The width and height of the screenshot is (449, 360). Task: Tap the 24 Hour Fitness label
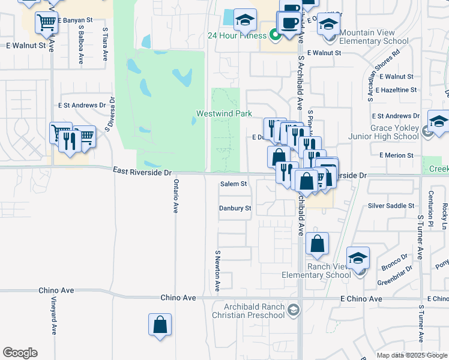pyautogui.click(x=237, y=35)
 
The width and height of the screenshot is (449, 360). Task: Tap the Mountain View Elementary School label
pyautogui.click(x=374, y=37)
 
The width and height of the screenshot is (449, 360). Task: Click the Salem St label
pyautogui.click(x=234, y=184)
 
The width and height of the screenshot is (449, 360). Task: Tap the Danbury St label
pyautogui.click(x=235, y=208)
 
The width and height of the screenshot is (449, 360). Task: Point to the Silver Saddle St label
pyautogui.click(x=391, y=206)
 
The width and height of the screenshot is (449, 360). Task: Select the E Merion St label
pyautogui.click(x=396, y=155)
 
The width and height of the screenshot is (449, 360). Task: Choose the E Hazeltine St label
pyautogui.click(x=394, y=90)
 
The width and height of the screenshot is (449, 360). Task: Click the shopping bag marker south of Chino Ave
pyautogui.click(x=160, y=325)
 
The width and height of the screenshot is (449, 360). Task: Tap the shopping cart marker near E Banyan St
pyautogui.click(x=46, y=23)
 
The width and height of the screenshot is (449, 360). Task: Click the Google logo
pyautogui.click(x=20, y=353)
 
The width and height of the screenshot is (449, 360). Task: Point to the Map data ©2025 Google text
pyautogui.click(x=411, y=355)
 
